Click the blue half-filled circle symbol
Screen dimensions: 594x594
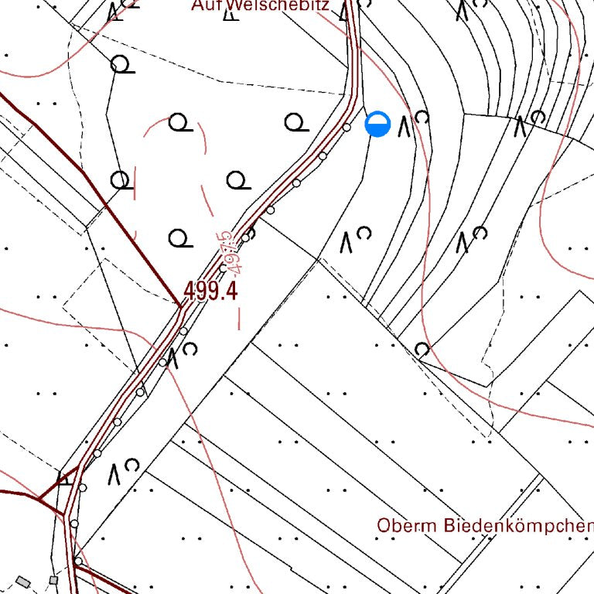click(377, 124)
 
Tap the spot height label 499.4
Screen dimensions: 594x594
click(210, 292)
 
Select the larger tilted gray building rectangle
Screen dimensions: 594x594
click(23, 582)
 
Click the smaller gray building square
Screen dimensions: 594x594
click(53, 579)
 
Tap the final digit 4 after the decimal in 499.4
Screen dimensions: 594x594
click(230, 292)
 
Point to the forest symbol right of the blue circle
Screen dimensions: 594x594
click(413, 123)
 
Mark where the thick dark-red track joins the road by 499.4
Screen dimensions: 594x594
click(180, 306)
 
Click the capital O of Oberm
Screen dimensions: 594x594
click(384, 525)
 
